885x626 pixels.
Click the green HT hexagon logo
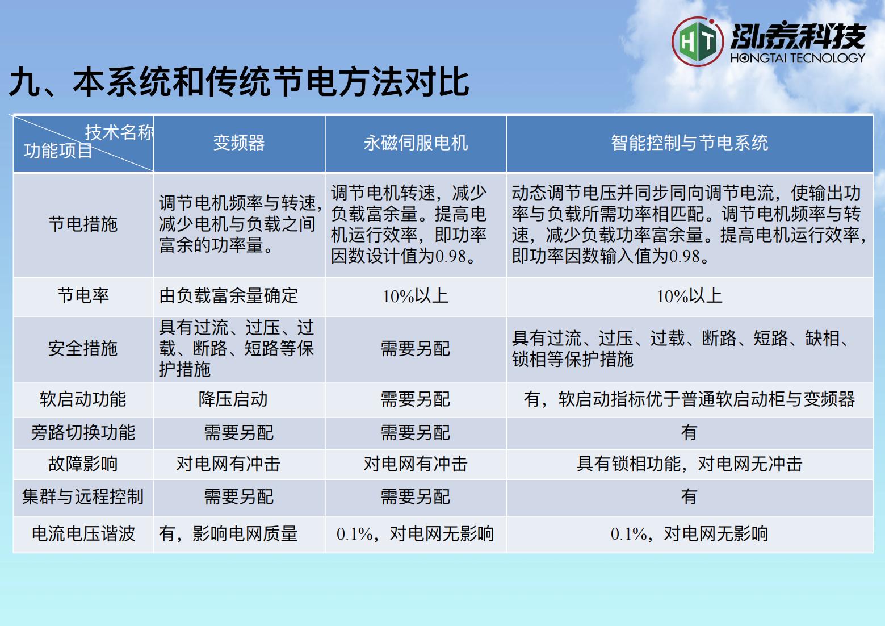pos(698,41)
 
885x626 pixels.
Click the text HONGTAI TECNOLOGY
pos(798,58)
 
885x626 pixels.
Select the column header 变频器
pos(239,143)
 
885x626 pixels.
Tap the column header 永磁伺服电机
pos(416,143)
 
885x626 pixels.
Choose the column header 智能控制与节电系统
pos(689,143)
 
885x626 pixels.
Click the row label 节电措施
pos(83,224)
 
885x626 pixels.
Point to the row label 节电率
pos(83,296)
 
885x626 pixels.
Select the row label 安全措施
pos(83,348)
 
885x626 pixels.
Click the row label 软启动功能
pos(83,399)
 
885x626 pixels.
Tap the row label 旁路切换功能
pos(83,432)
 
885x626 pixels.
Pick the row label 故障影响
pos(83,464)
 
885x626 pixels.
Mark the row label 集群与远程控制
pos(83,496)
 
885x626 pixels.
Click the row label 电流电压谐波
pos(83,533)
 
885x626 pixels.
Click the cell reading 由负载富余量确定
pos(228,296)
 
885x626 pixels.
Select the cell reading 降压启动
pos(233,399)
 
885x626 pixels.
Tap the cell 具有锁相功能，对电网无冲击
pos(689,464)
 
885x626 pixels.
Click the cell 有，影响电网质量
pos(228,533)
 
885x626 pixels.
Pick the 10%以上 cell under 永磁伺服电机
pos(416,296)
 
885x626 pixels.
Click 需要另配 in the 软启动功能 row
pos(416,399)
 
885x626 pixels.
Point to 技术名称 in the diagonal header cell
pos(119,132)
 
